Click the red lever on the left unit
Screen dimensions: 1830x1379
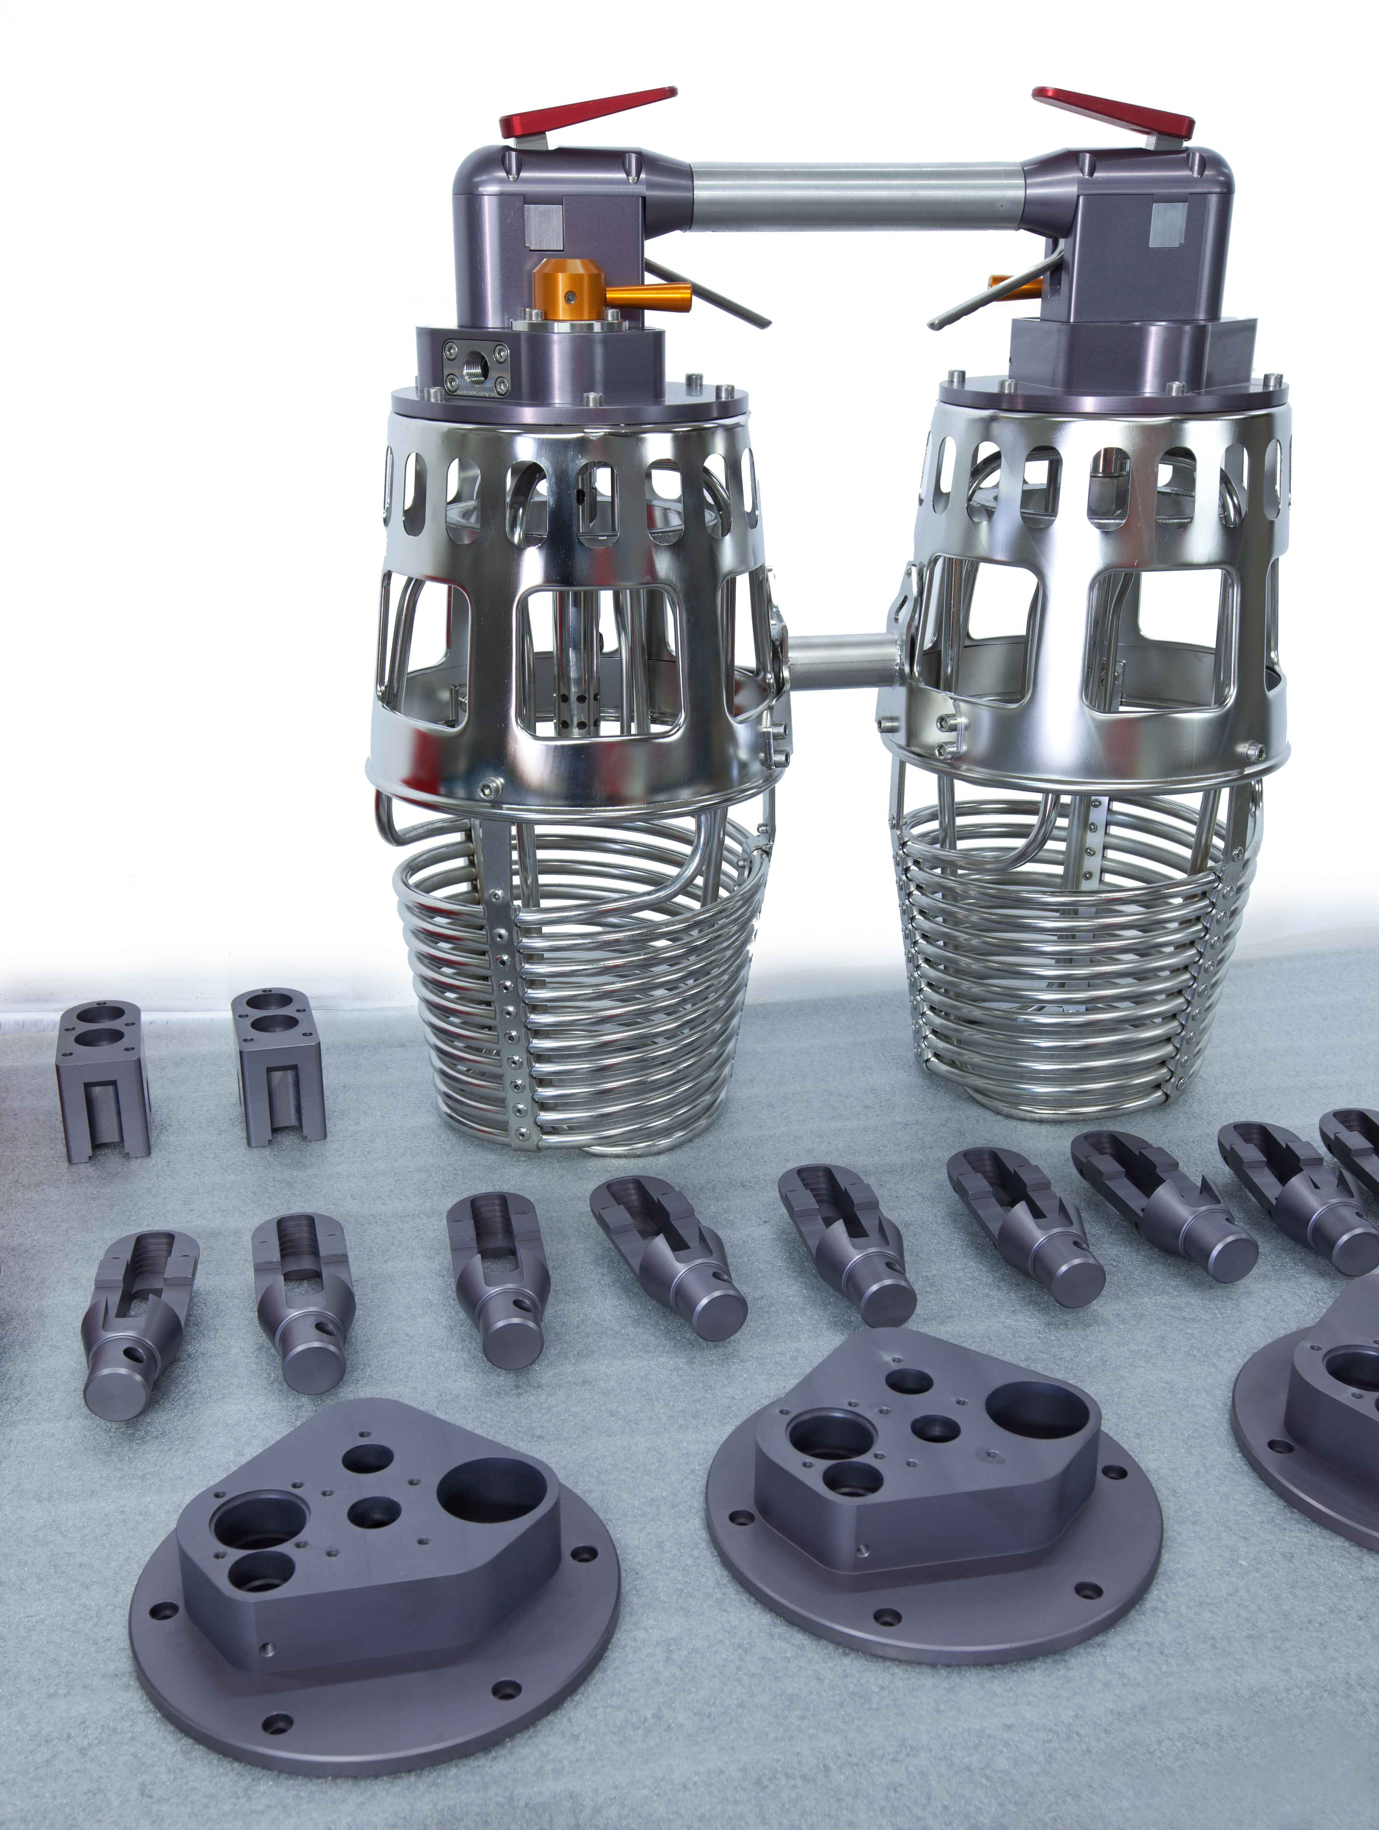pyautogui.click(x=587, y=112)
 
